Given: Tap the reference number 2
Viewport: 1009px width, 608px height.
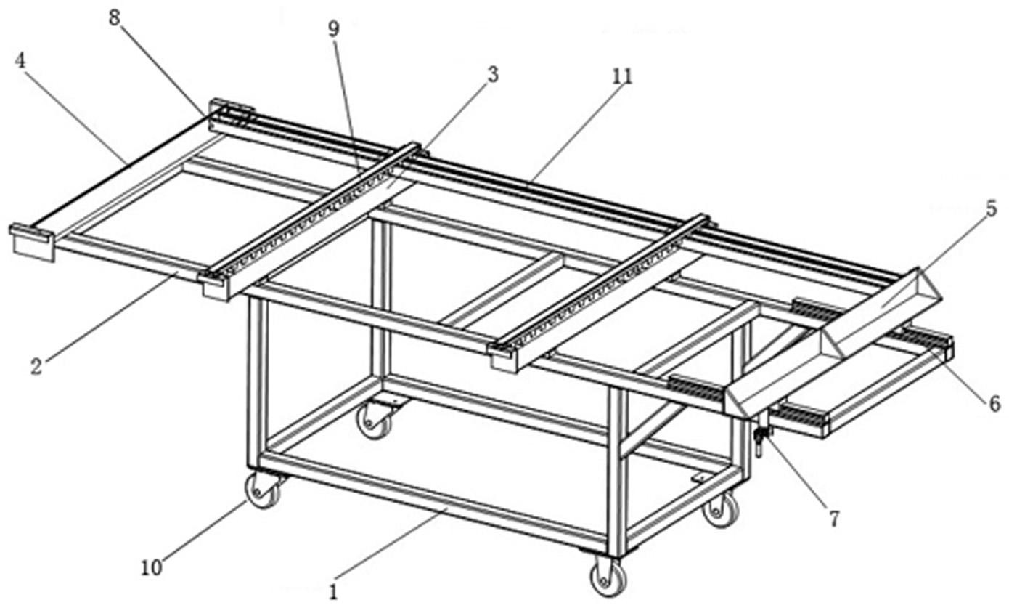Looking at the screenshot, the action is pos(37,366).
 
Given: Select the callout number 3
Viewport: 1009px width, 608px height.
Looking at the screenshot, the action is pos(493,74).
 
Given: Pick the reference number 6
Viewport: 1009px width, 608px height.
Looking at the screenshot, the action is pos(994,403).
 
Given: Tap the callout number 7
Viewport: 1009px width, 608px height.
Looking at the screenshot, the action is pos(835,519).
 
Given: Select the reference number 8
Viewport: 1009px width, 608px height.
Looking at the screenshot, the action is pos(115,19).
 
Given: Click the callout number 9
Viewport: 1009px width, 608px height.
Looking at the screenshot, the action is pos(334,29).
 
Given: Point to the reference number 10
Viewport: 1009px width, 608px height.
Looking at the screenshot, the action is pos(151,568).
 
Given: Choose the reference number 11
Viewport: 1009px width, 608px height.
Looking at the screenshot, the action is pos(621,76).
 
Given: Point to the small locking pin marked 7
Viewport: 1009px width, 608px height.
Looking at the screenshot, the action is pos(760,440).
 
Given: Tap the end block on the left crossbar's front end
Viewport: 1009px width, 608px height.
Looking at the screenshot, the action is pos(214,286).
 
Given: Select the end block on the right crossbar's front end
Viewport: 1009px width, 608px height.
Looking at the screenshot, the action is pos(503,358).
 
